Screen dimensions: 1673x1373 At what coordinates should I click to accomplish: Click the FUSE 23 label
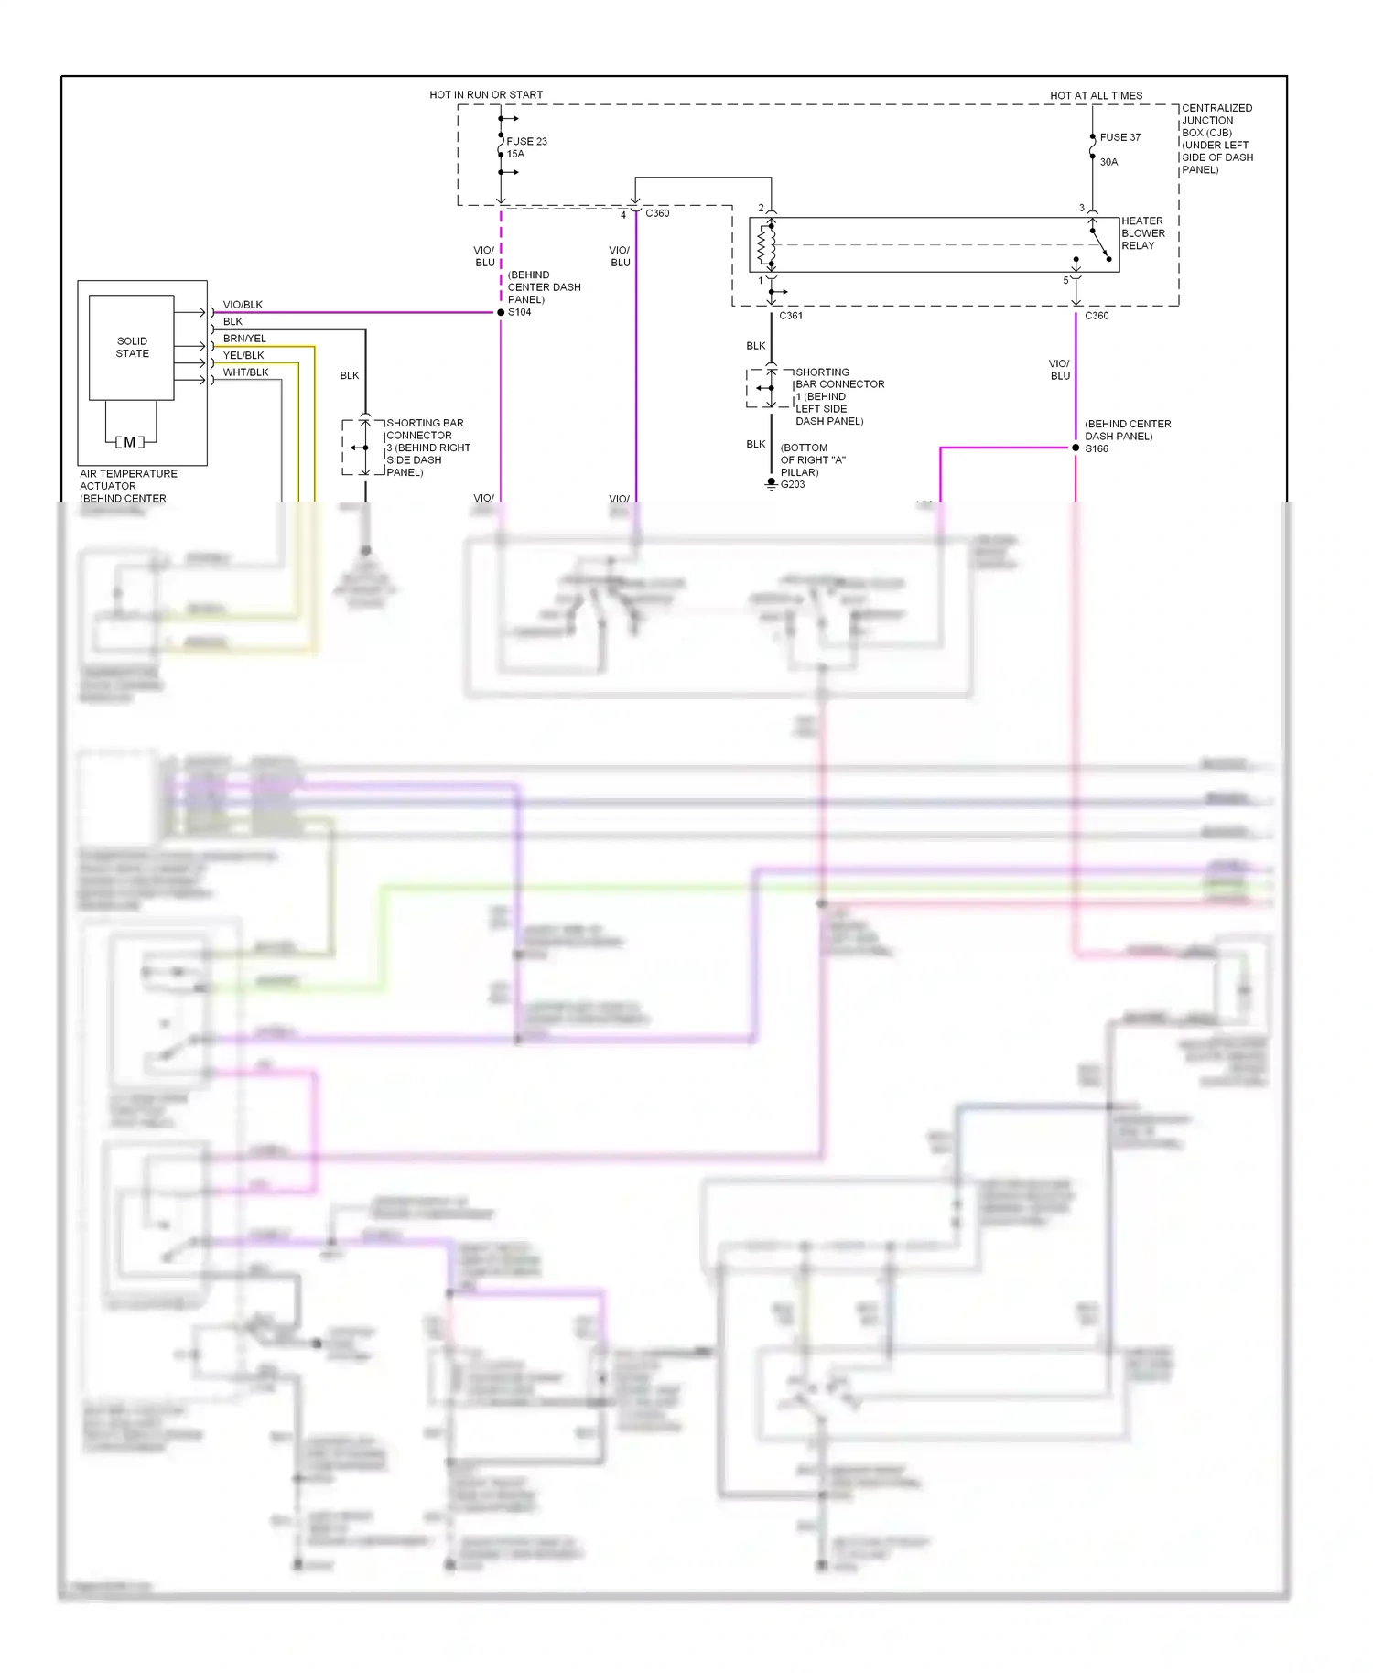pos(526,141)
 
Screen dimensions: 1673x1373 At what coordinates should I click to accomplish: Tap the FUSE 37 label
pos(1119,137)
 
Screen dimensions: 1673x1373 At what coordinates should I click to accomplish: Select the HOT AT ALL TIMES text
pos(1096,95)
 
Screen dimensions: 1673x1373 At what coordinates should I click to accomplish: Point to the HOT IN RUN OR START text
pos(486,94)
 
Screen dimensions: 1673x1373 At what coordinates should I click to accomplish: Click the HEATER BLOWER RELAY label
pos(1142,233)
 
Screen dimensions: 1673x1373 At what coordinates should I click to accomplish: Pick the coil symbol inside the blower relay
pos(766,244)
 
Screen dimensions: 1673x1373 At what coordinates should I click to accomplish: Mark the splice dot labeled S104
pos(501,312)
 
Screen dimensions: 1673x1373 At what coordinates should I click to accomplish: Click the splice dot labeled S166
pos(1076,448)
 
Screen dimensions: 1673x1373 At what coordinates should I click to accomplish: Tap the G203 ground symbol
pos(772,483)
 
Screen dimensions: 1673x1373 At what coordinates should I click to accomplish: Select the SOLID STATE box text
pos(132,347)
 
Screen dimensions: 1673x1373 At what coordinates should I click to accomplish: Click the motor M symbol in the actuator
pos(130,442)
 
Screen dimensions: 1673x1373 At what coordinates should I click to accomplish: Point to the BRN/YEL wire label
pos(244,339)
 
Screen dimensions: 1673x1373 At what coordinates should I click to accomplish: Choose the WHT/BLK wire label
pos(245,372)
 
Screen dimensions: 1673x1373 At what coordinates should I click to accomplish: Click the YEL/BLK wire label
pos(243,355)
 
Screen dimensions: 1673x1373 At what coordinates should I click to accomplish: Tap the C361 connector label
pos(791,316)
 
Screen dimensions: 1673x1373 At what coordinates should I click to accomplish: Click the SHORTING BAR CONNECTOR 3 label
pos(427,447)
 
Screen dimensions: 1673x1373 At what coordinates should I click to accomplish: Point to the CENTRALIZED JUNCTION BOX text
pos(1216,120)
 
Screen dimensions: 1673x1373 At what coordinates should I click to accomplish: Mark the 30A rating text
pos(1108,162)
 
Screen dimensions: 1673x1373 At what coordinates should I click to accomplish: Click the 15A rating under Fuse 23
pos(515,154)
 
